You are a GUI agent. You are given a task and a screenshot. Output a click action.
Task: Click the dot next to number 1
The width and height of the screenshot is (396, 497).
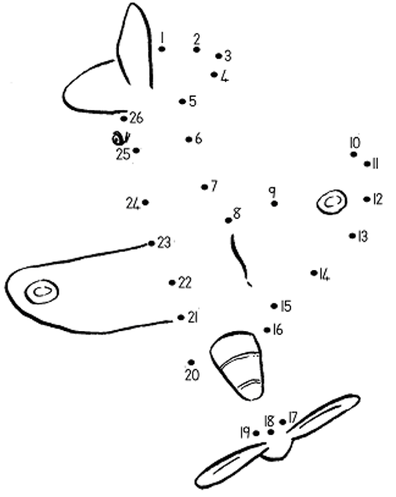coord(162,49)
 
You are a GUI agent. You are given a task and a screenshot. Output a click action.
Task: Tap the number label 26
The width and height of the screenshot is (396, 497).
coord(137,118)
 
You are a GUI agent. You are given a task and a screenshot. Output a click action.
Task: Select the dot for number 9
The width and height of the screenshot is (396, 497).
coord(275,203)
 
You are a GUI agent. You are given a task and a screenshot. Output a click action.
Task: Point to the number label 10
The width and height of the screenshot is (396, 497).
coord(355,142)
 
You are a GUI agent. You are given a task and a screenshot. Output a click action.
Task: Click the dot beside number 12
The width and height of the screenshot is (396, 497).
coord(367,200)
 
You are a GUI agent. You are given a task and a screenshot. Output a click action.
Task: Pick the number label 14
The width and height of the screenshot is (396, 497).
coord(325,275)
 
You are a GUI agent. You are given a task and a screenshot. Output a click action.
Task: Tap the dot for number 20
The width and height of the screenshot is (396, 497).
coord(191,362)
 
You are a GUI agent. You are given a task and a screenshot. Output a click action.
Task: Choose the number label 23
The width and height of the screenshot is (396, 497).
coord(164,243)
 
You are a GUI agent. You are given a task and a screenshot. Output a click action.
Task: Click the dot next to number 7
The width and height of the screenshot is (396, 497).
coord(204,187)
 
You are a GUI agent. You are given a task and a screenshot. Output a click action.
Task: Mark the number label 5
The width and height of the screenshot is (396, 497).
coord(193,101)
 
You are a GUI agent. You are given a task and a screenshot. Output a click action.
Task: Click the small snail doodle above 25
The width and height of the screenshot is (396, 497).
coord(121,138)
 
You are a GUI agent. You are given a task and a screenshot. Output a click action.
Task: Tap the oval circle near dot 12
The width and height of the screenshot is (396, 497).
coord(331,202)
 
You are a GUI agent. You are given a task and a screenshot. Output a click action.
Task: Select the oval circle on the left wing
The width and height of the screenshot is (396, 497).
coord(42,291)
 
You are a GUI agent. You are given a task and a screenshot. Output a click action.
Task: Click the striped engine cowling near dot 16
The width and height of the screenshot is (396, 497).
coord(237,366)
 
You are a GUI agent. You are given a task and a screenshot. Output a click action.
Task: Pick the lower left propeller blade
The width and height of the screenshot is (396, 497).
coord(230,466)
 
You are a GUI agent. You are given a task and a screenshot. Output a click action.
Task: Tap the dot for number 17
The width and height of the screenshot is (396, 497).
coord(283,422)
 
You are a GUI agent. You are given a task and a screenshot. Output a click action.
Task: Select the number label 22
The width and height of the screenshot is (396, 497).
coord(185,283)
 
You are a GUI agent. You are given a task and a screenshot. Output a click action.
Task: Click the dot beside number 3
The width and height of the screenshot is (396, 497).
coord(218,56)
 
